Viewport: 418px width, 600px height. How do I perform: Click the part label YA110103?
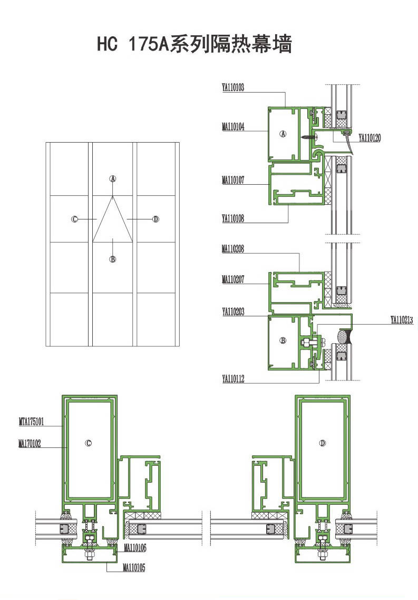pos(233,87)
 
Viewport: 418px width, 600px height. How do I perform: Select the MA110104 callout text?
pos(233,127)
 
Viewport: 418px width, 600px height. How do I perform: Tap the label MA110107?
pos(233,180)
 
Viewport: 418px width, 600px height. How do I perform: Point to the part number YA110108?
pos(233,218)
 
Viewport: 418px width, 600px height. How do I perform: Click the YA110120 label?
pos(370,138)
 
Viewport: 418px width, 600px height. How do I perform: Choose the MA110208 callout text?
pos(233,249)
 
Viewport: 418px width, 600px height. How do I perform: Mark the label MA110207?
pos(233,279)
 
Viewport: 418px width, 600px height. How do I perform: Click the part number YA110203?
pos(233,312)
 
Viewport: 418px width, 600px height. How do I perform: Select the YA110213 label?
pos(402,320)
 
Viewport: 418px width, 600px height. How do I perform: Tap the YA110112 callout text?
pos(233,379)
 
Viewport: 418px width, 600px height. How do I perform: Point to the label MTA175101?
pos(32,422)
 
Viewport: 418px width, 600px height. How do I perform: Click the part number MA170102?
pos(30,444)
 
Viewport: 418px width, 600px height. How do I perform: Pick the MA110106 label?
pos(135,548)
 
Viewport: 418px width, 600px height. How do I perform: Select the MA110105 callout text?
pos(134,567)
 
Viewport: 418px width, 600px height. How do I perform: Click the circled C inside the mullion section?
pos(89,443)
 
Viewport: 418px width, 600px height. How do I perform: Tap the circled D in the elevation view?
pos(155,219)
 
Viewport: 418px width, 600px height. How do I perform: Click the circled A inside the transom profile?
pos(283,134)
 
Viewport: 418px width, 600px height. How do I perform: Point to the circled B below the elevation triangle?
pos(113,259)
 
